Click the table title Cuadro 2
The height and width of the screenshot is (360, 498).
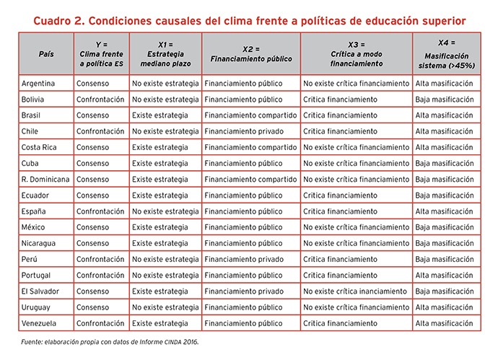pyautogui.click(x=249, y=21)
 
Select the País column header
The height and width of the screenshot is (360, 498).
pyautogui.click(x=46, y=54)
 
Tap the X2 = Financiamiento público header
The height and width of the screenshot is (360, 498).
pyautogui.click(x=251, y=54)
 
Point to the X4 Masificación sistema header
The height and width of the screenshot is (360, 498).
pyautogui.click(x=447, y=54)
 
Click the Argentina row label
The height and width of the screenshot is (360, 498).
pyautogui.click(x=38, y=84)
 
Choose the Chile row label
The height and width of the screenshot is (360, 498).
pyautogui.click(x=30, y=131)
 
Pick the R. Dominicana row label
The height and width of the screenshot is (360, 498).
pyautogui.click(x=45, y=180)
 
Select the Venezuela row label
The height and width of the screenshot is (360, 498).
pyautogui.click(x=39, y=323)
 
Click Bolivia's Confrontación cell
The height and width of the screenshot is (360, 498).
pyautogui.click(x=100, y=100)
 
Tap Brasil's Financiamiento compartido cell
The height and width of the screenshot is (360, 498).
pyautogui.click(x=250, y=115)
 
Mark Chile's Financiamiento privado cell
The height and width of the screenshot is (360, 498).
pyautogui.click(x=244, y=131)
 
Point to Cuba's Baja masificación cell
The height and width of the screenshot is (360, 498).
pyautogui.click(x=445, y=164)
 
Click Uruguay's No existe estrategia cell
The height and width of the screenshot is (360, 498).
pyautogui.click(x=165, y=307)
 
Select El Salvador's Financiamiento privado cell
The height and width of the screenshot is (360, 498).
pyautogui.click(x=244, y=291)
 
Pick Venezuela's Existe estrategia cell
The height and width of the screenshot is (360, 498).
pyautogui.click(x=160, y=323)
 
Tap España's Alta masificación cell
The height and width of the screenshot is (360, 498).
pyautogui.click(x=445, y=211)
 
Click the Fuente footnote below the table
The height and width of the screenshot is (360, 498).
pyautogui.click(x=110, y=342)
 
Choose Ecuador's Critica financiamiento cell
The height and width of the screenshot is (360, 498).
pyautogui.click(x=340, y=196)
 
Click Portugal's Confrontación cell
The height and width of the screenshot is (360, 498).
pyautogui.click(x=100, y=276)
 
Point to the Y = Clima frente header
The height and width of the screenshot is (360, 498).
pyautogui.click(x=101, y=54)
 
